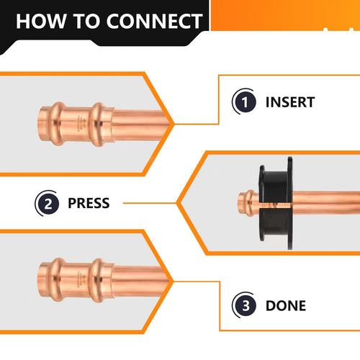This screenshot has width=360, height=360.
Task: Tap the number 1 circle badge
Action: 245,102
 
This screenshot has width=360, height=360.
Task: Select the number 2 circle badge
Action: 47,203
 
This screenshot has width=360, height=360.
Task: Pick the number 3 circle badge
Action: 245,305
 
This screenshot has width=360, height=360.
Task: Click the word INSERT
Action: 290,102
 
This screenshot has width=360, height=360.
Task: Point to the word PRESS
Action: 88,203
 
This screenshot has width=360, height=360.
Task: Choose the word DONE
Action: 286,305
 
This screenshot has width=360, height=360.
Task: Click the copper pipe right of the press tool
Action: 324,204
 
